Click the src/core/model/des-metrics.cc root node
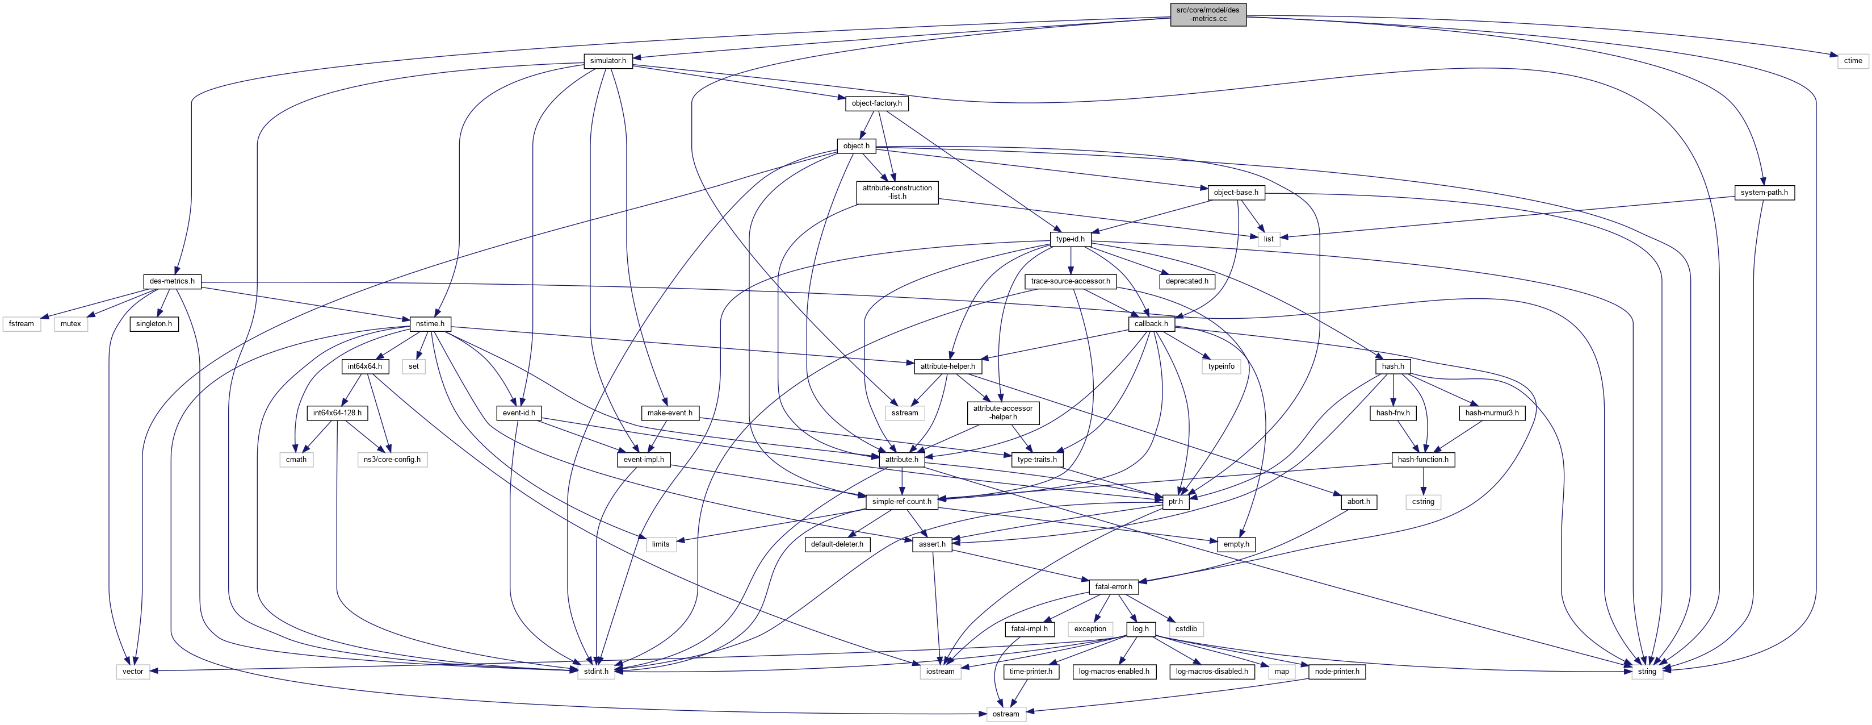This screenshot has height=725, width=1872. tap(1208, 14)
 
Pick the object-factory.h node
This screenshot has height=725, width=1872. tap(876, 103)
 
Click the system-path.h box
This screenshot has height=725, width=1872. tap(1764, 193)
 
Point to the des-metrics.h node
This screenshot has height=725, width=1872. tap(171, 281)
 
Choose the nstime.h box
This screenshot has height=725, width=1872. tap(430, 324)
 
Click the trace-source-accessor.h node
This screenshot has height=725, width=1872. tap(1070, 281)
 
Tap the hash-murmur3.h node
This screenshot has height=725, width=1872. tap(1491, 413)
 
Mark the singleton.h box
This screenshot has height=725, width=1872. tap(154, 324)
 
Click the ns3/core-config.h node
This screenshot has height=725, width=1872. tap(392, 460)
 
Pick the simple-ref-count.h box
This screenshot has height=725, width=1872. tap(901, 502)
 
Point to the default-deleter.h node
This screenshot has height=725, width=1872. tap(837, 544)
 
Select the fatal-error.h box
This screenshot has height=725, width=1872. tap(1113, 587)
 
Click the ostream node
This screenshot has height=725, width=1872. tap(1006, 714)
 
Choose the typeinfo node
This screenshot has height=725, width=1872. tap(1221, 366)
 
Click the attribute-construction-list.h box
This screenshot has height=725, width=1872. tap(897, 193)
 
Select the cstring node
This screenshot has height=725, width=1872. tap(1423, 502)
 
